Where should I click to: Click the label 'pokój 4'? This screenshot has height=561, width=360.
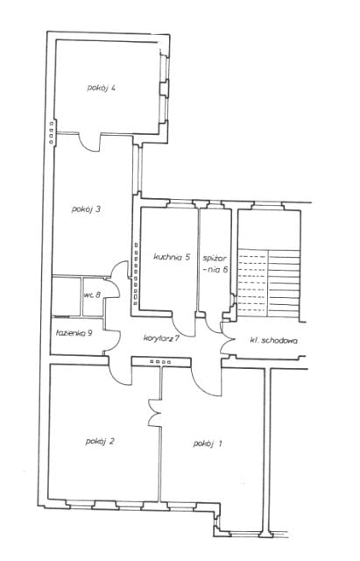(101, 88)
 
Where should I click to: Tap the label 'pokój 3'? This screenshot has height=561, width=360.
(86, 209)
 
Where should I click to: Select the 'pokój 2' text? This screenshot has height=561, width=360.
(100, 441)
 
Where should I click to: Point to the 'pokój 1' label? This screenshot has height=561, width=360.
(208, 444)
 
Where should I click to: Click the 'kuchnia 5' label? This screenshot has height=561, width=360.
(172, 257)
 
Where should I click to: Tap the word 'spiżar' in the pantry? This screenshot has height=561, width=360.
(215, 259)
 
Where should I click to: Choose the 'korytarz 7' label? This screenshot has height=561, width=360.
(161, 337)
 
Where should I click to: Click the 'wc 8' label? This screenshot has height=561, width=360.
(93, 295)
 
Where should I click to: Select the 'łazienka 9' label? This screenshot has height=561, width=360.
(74, 333)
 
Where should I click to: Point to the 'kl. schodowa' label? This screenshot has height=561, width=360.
(273, 340)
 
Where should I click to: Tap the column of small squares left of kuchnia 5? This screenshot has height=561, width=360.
(136, 274)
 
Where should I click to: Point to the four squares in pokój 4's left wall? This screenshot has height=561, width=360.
(51, 132)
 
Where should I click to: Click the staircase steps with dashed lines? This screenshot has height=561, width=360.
(253, 283)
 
